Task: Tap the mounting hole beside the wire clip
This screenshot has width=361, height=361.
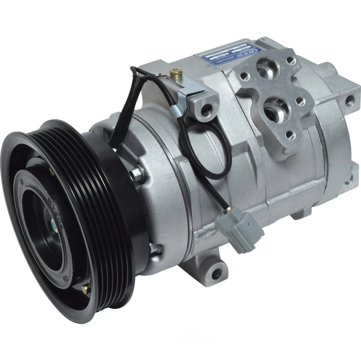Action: [206, 110]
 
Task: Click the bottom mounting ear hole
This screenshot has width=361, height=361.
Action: [217, 274]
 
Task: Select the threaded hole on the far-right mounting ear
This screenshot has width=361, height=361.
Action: [349, 100]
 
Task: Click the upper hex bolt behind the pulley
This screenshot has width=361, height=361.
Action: [137, 173]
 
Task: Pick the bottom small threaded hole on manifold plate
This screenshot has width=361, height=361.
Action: [290, 134]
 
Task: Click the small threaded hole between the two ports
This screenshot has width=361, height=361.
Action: [300, 101]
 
